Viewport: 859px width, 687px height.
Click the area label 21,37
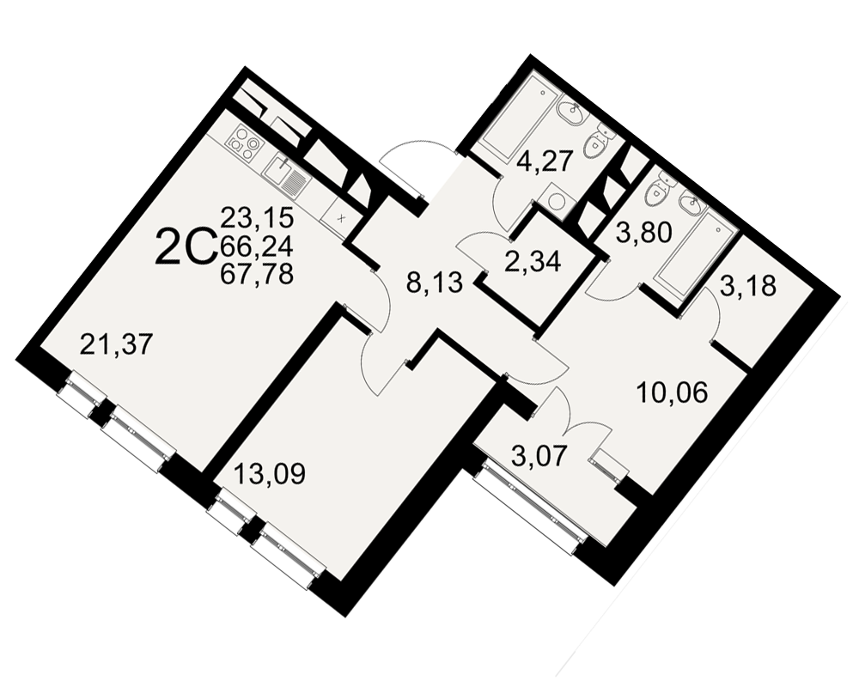click(114, 345)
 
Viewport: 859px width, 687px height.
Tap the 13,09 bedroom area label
click(268, 473)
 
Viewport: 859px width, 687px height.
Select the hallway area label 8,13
click(436, 283)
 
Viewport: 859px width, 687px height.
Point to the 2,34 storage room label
click(533, 261)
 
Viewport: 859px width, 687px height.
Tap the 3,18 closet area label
click(748, 285)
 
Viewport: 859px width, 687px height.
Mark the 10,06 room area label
click(673, 392)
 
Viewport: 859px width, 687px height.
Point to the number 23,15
click(257, 217)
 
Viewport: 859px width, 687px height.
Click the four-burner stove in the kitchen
click(244, 143)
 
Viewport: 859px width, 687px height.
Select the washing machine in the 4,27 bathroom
click(556, 201)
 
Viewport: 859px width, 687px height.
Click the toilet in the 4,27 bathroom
click(596, 142)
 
